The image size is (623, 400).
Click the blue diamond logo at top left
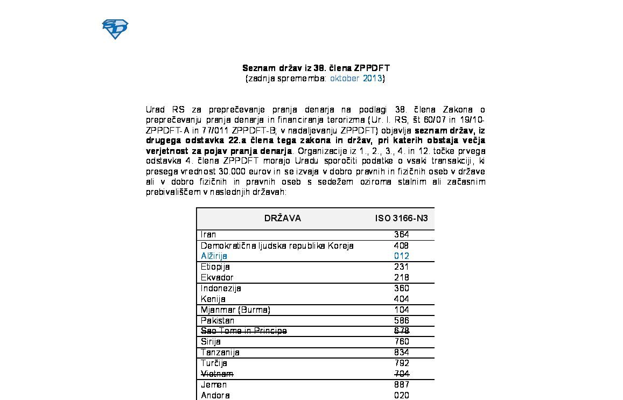point(115,29)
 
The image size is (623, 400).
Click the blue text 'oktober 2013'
point(356,79)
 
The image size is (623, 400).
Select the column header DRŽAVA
point(283,219)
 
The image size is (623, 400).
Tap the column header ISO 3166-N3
point(401,219)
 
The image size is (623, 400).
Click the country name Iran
point(208,235)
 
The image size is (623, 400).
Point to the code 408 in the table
point(401,245)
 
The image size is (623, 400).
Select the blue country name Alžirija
point(214,256)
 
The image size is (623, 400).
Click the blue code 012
point(401,256)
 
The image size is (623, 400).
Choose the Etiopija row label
point(215,267)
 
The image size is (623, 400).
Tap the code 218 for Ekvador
point(401,278)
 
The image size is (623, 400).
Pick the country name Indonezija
point(221,289)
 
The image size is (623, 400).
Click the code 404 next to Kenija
point(401,299)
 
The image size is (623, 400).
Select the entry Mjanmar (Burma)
point(235,310)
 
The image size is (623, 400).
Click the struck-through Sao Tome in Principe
point(243,331)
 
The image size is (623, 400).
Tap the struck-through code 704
point(401,374)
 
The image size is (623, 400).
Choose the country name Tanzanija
point(220,353)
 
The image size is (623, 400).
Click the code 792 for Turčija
point(401,363)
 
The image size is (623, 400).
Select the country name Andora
point(215,396)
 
